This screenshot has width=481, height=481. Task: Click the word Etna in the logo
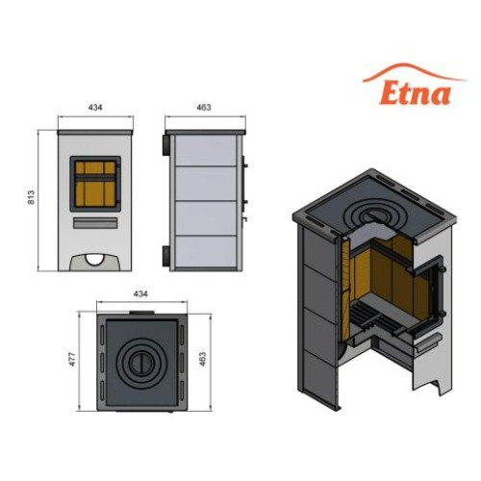pos(416,93)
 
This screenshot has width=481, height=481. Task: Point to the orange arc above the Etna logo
pos(414,68)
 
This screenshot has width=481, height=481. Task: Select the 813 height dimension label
pos(31,197)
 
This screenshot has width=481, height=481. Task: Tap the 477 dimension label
pos(72,359)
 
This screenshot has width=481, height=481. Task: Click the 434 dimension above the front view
pos(95,108)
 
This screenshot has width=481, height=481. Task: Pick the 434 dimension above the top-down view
pos(140,293)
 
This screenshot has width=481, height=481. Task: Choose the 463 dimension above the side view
pos(204,108)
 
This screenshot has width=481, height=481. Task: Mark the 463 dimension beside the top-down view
pos(203,359)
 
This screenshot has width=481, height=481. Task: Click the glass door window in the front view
pos(95,184)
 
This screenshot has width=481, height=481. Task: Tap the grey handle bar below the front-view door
pos(95,223)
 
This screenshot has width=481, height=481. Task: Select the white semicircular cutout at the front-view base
pos(95,260)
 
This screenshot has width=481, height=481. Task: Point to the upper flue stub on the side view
pos(166,145)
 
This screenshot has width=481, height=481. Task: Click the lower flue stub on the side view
pos(166,256)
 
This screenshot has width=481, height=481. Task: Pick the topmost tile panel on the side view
pos(206,150)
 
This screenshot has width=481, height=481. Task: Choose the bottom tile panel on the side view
pos(206,251)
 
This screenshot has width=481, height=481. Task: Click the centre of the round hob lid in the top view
pos(141,364)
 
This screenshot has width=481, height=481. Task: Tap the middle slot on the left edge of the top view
pos(102,364)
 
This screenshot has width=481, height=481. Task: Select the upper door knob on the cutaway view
pos(442,268)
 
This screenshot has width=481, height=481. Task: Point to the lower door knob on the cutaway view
pos(442,314)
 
